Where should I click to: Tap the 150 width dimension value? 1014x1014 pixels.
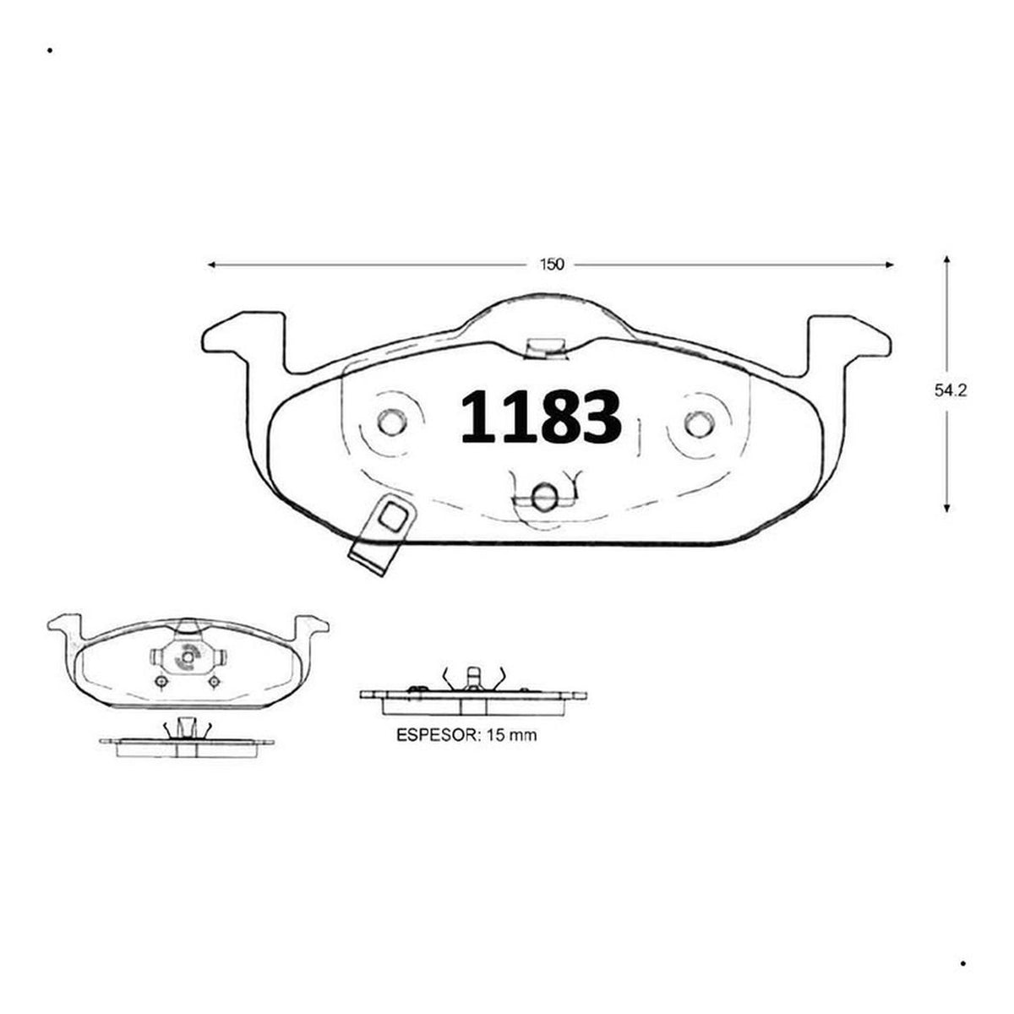pos(552,264)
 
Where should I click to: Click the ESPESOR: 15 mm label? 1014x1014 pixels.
pos(466,735)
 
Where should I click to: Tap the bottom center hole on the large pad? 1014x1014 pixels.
pos(544,496)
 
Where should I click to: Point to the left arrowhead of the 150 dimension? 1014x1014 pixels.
pos(211,264)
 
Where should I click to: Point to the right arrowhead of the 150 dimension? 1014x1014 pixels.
pos(889,264)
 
